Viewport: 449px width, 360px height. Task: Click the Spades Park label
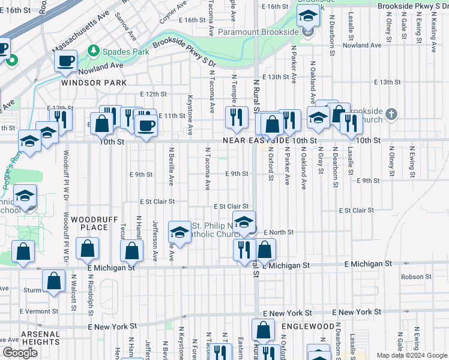(x=125, y=52)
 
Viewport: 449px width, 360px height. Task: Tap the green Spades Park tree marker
(x=94, y=51)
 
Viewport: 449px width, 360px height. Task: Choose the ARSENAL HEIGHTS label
(x=40, y=338)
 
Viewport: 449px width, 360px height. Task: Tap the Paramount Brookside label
(x=259, y=32)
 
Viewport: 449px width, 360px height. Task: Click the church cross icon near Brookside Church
(x=391, y=114)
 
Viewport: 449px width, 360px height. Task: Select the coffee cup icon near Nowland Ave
(x=65, y=61)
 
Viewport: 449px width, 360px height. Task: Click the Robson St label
(x=412, y=277)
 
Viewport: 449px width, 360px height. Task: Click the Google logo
(x=20, y=353)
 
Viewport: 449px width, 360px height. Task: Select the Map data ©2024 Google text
(x=411, y=355)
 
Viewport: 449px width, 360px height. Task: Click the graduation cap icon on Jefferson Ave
(x=179, y=231)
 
